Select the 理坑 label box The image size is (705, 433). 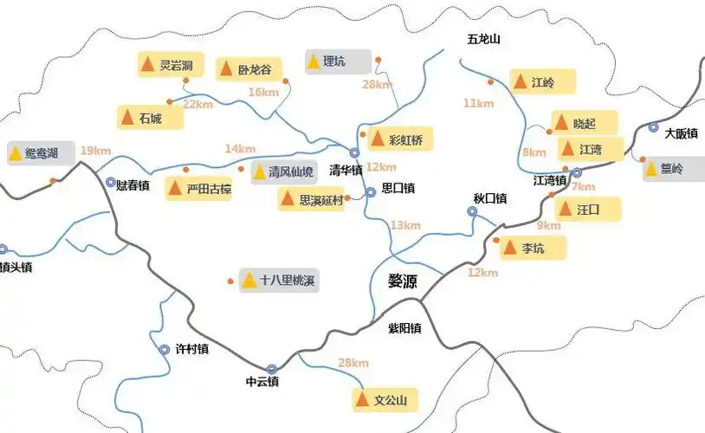tap(337, 61)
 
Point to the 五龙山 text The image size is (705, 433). tap(484, 40)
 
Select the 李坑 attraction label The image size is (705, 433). tap(533, 248)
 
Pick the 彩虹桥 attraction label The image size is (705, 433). tap(399, 139)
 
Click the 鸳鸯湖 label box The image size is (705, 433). tap(39, 154)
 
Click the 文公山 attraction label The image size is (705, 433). tap(385, 400)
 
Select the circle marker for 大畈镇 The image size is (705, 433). tap(654, 127)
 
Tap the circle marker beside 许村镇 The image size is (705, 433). tap(165, 349)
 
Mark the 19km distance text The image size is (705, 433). tap(95, 151)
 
